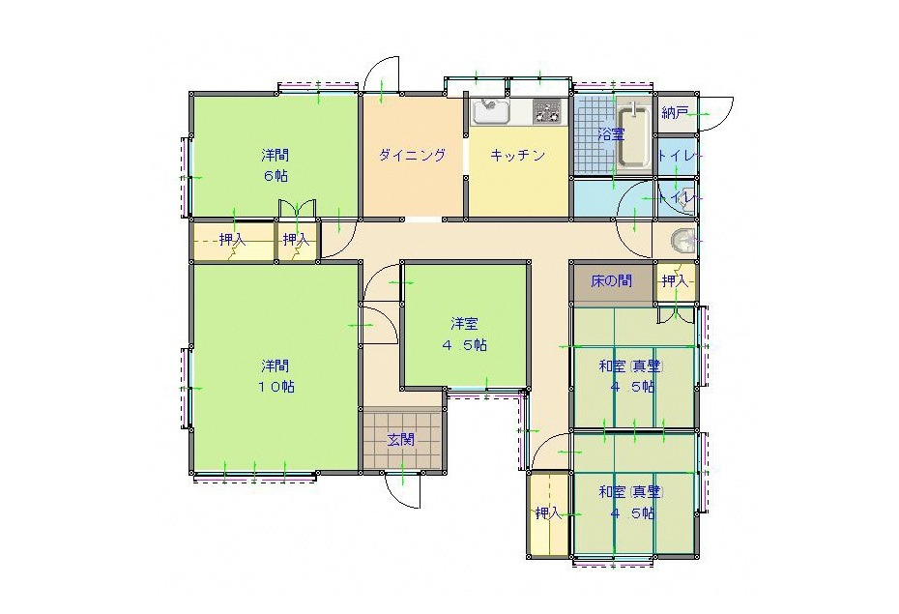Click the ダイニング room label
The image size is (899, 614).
click(412, 155)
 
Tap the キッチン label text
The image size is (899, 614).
click(517, 155)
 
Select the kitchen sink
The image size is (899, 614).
click(490, 111)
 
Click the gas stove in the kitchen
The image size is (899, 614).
click(547, 111)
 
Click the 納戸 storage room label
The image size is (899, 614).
click(675, 113)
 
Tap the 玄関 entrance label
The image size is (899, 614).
click(401, 440)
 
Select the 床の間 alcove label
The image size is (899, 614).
click(612, 281)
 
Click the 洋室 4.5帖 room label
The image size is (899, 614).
click(464, 335)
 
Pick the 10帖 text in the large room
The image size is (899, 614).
click(275, 387)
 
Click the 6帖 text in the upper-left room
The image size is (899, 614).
click(275, 176)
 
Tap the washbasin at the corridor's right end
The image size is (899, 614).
click(682, 242)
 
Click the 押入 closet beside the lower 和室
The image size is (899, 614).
click(549, 513)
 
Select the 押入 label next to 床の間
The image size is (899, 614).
click(675, 281)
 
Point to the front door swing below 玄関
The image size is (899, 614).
click(404, 491)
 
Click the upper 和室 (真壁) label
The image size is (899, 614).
click(630, 366)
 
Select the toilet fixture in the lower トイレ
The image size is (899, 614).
click(685, 198)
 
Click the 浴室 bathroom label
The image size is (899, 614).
click(611, 134)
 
